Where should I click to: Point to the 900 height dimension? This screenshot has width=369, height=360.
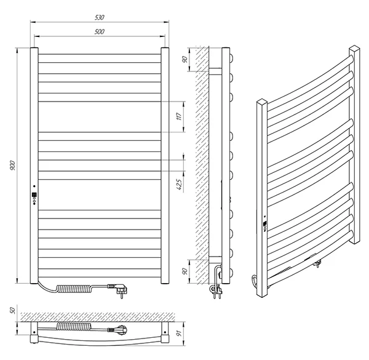12,166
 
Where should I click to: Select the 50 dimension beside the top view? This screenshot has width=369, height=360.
10,310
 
